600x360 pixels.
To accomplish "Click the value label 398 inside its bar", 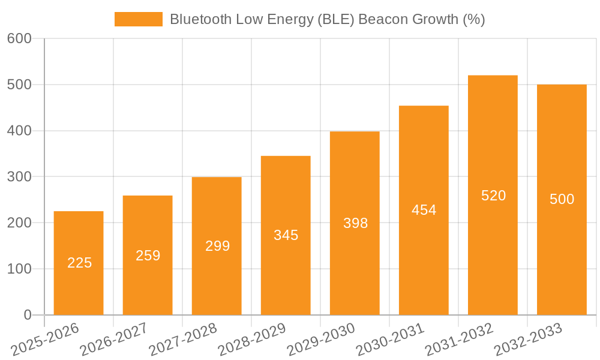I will click(355, 223).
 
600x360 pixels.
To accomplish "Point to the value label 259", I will click(148, 256).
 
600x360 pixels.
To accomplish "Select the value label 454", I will click(424, 210).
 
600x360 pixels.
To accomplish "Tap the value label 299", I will click(217, 246).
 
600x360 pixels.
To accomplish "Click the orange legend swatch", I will click(138, 19).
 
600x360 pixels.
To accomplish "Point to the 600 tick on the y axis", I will click(19, 38).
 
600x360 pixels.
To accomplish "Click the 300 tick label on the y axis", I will click(19, 176).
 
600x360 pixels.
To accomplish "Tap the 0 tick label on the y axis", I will click(27, 315).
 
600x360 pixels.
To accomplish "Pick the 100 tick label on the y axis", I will click(19, 269).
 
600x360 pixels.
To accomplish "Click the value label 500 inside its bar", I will click(562, 199).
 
